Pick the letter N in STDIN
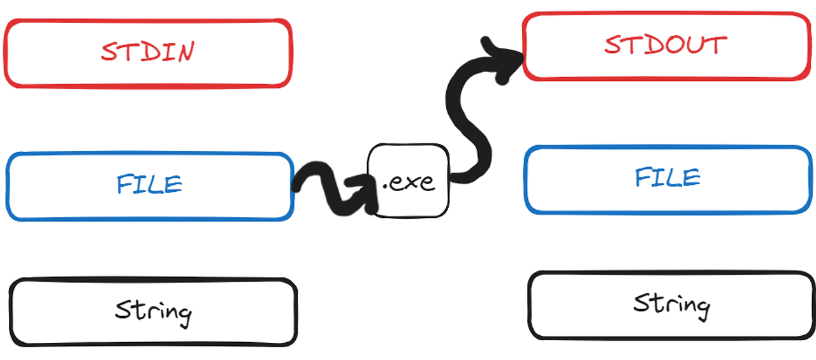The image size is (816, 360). pos(184,52)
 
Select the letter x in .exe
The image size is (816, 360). pos(409,183)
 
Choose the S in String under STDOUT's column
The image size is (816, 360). pos(642,303)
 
